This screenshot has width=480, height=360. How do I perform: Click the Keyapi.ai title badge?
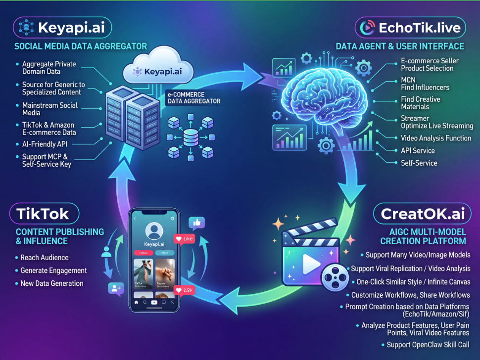pyautogui.click(x=62, y=27)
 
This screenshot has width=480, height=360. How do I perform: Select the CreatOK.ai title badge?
pyautogui.click(x=423, y=215)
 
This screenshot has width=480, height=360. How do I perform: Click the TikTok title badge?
pyautogui.click(x=44, y=215)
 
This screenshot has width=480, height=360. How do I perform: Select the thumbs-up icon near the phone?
pyautogui.click(x=197, y=224)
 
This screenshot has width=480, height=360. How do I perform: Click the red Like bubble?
pyautogui.click(x=184, y=239)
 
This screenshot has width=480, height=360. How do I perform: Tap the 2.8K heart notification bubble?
pyautogui.click(x=184, y=290)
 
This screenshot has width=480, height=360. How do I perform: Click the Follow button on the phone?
pyautogui.click(x=143, y=253)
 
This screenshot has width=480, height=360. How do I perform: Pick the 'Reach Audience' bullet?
pyautogui.click(x=45, y=258)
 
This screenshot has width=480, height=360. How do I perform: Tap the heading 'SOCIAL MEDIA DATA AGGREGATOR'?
pyautogui.click(x=81, y=46)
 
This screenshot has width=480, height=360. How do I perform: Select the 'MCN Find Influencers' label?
pyautogui.click(x=425, y=84)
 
